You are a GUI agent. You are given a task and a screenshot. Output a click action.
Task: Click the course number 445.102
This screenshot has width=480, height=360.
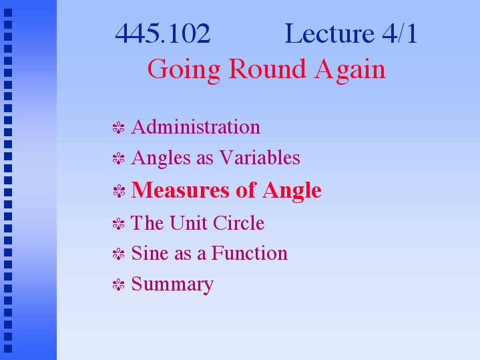pyautogui.click(x=162, y=33)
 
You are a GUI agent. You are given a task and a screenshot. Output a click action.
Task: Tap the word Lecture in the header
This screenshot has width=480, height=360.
pyautogui.click(x=329, y=33)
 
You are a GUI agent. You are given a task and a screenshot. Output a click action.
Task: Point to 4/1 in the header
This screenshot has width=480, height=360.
pyautogui.click(x=400, y=33)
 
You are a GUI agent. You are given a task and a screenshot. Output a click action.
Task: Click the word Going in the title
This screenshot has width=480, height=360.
pyautogui.click(x=184, y=71)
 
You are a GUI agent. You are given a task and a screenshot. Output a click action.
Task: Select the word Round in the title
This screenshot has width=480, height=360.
pyautogui.click(x=267, y=69)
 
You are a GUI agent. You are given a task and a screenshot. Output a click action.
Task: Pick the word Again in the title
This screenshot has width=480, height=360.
pyautogui.click(x=350, y=71)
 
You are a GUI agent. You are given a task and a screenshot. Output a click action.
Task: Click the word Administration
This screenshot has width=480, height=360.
pyautogui.click(x=196, y=127)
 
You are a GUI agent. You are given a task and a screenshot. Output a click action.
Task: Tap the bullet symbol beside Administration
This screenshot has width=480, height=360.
pyautogui.click(x=118, y=128)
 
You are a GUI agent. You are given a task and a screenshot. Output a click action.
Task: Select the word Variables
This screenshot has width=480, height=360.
pyautogui.click(x=260, y=158)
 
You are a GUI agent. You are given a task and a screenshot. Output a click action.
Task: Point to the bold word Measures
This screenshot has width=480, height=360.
pyautogui.click(x=180, y=190)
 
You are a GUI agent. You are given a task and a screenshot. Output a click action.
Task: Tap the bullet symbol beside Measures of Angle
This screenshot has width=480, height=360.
pyautogui.click(x=119, y=191)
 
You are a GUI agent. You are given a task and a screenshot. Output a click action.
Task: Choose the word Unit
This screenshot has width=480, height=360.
pyautogui.click(x=187, y=222)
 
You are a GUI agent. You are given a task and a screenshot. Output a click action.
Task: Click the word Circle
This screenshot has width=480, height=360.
pyautogui.click(x=238, y=222)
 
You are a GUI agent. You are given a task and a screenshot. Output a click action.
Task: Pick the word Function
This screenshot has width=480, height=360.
pyautogui.click(x=250, y=253)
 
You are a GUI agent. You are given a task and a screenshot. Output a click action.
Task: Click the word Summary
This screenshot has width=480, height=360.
pyautogui.click(x=172, y=285)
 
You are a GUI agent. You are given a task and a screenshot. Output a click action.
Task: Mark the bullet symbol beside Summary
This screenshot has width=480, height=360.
pyautogui.click(x=118, y=285)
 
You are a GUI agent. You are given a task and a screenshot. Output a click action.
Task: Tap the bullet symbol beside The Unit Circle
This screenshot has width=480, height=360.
pyautogui.click(x=118, y=224)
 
